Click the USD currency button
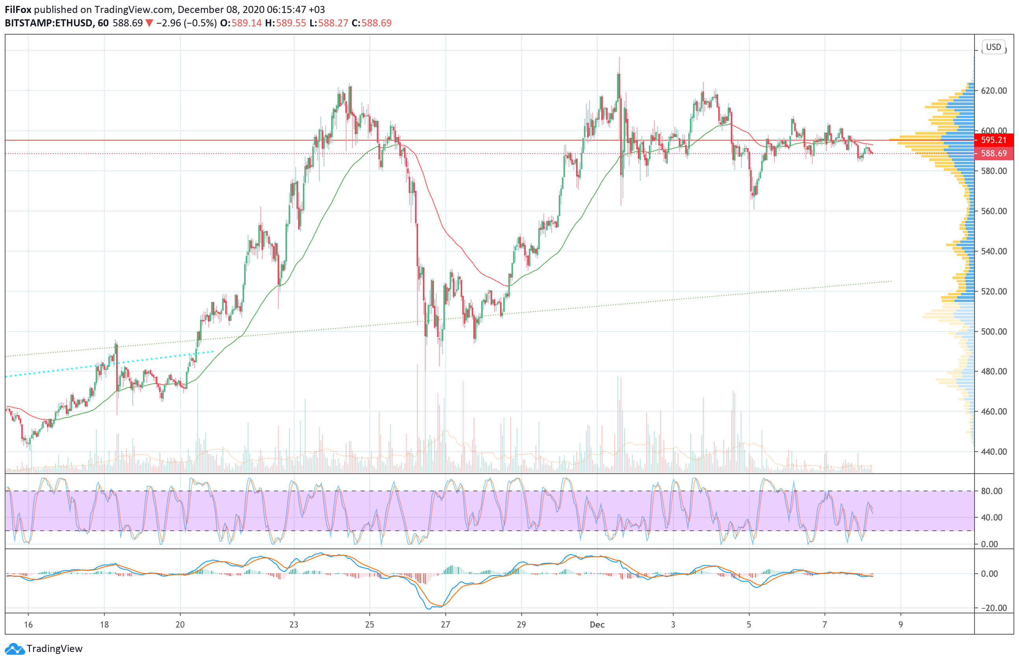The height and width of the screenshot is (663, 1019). pos(993,47)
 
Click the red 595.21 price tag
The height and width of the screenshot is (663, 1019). pos(993,140)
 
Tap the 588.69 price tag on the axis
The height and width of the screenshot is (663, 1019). pos(993,153)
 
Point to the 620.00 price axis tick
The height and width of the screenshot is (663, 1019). pos(994,91)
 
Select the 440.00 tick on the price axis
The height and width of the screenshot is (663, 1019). pos(994,452)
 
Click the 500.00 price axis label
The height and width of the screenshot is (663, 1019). pos(994,331)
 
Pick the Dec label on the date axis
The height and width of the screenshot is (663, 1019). pos(597,624)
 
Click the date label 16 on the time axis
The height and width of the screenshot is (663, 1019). pos(28,624)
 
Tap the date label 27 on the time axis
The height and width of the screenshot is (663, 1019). pos(445,624)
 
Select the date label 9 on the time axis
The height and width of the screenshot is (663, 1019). pos(900,624)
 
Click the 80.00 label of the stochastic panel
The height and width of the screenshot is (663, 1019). pos(991,491)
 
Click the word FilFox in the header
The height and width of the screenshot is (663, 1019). pos(18,9)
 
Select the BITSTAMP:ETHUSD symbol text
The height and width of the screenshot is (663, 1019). pos(49,23)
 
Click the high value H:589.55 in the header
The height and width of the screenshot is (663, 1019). pos(285,23)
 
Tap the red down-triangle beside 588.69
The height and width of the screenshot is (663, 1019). pos(149,23)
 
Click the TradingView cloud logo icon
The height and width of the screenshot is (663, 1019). pos(15,649)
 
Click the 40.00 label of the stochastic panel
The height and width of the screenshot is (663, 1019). pos(991,517)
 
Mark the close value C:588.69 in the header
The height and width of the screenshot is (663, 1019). pos(371,23)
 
